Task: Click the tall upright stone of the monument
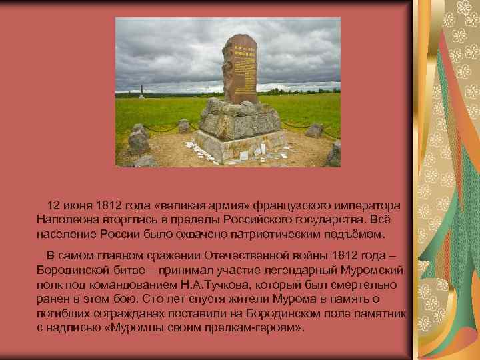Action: point(239,70)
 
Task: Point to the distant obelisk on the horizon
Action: point(141,91)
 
